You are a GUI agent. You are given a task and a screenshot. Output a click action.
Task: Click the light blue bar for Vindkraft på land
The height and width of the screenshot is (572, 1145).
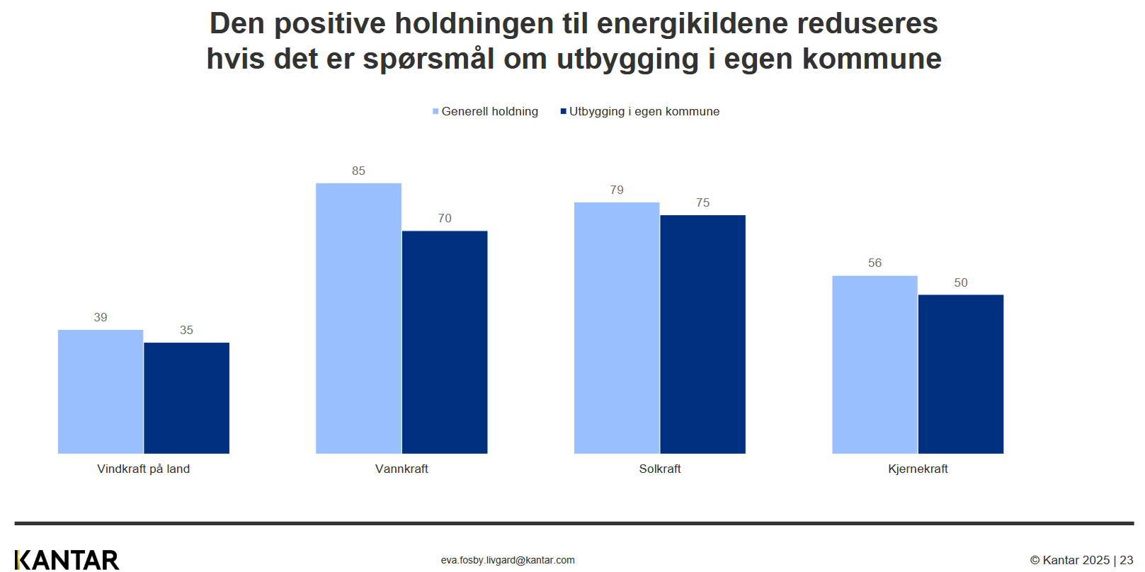point(101,391)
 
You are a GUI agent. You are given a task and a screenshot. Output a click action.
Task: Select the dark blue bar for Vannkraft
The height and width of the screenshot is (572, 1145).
point(445,342)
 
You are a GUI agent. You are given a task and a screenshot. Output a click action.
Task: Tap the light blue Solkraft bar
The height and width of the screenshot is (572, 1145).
point(617,328)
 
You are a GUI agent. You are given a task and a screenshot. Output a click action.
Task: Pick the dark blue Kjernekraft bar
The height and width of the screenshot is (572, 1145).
point(961,374)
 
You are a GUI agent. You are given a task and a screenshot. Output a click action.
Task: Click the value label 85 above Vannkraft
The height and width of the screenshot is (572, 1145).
point(359,171)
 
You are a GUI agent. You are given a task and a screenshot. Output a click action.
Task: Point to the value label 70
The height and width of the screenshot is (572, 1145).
point(445,218)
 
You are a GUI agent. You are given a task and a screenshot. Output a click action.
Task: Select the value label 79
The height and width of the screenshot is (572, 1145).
point(617,190)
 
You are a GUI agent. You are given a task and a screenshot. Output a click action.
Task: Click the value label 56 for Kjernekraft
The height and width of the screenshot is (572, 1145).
point(875,263)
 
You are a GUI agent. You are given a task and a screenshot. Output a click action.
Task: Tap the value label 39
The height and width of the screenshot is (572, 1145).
point(101,317)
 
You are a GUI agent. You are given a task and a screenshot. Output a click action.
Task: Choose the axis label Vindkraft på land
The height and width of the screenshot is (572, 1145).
point(144,469)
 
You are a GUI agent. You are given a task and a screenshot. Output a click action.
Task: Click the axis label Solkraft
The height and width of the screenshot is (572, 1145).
point(660,469)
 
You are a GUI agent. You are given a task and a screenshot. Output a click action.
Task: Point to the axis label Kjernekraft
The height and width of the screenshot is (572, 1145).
point(918,469)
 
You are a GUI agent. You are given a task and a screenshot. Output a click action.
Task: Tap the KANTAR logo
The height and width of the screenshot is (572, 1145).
point(67,560)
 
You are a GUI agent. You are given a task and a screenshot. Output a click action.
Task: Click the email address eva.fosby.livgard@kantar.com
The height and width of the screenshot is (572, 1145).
point(508,560)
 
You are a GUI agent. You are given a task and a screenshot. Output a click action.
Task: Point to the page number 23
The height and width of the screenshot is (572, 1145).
point(1127,560)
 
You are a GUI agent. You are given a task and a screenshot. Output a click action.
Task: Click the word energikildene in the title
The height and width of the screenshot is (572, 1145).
point(693,23)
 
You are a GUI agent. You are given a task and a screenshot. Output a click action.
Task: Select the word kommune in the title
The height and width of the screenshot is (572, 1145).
point(872,59)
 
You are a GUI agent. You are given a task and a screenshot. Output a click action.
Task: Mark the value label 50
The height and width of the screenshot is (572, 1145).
point(961,282)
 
